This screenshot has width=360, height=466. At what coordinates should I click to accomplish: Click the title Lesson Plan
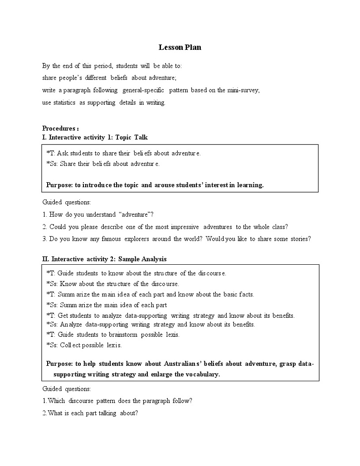(180, 47)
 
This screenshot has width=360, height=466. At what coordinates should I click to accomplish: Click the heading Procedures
(59, 128)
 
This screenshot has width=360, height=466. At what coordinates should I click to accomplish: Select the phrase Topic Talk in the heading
(131, 137)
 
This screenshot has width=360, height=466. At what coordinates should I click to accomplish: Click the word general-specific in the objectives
(143, 90)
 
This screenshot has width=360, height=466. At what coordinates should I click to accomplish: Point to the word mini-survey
(245, 90)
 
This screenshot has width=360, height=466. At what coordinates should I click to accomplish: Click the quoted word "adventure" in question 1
(132, 214)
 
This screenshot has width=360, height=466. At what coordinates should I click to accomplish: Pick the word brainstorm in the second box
(124, 335)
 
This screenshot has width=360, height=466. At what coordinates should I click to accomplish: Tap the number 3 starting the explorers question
(44, 239)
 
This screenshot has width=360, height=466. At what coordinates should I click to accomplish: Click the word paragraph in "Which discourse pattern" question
(165, 401)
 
